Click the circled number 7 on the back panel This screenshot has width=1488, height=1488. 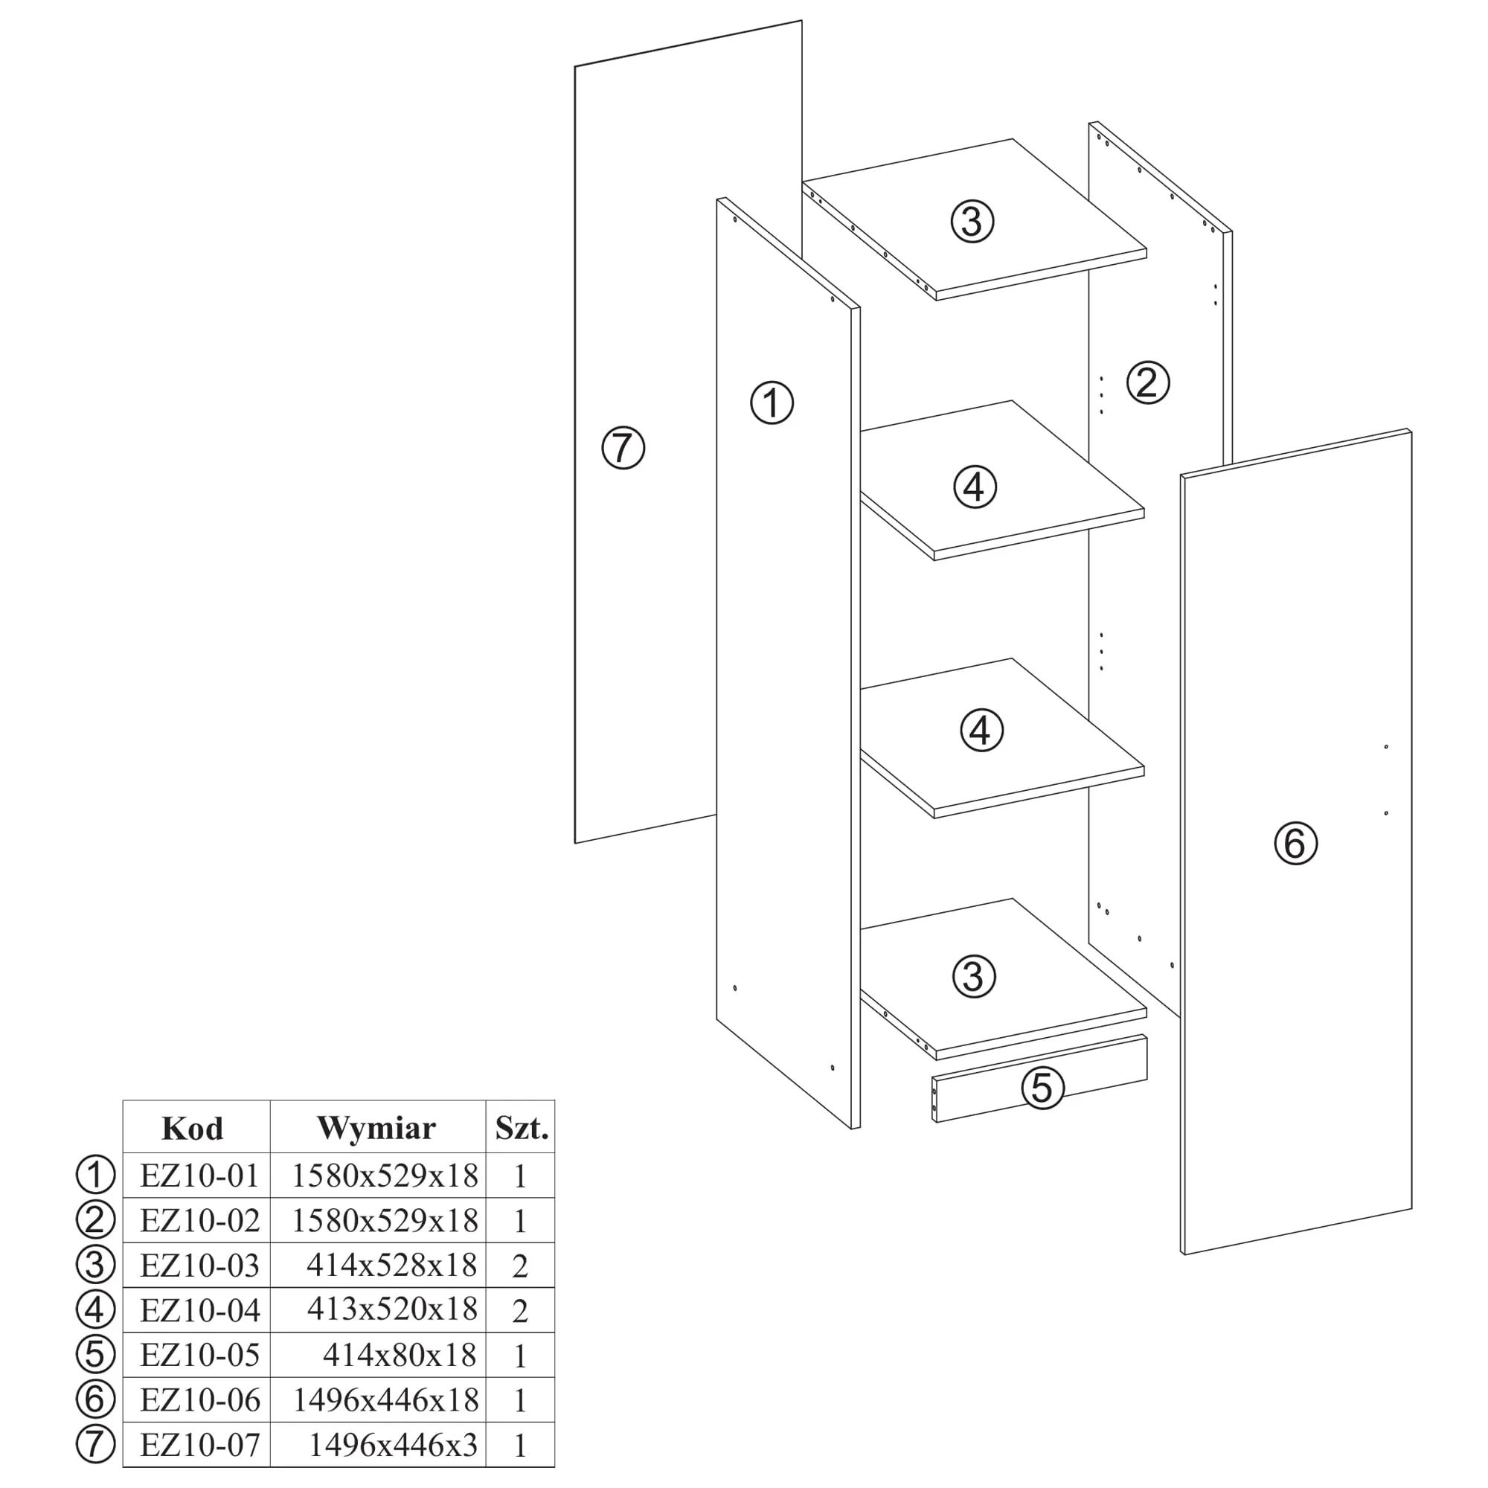(622, 448)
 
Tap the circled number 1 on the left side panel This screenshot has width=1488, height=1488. (772, 402)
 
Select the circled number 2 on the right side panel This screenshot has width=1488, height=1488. (1147, 382)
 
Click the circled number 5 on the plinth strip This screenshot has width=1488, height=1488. (1042, 1088)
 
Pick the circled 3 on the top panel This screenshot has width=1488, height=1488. (972, 221)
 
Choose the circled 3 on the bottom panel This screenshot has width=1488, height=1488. (975, 977)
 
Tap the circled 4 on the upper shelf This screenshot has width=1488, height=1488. (975, 487)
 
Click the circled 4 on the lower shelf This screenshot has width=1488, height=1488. (981, 730)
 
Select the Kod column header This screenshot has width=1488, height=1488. (193, 1129)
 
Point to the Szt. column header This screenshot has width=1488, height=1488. (522, 1129)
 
